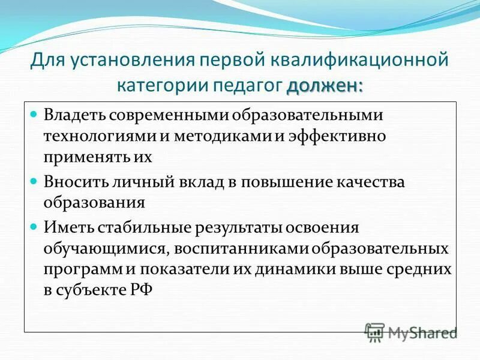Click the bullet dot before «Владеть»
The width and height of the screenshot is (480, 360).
pos(34,113)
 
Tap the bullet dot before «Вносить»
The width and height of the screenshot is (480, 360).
pos(34,179)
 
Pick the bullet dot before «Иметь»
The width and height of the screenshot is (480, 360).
pos(34,226)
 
